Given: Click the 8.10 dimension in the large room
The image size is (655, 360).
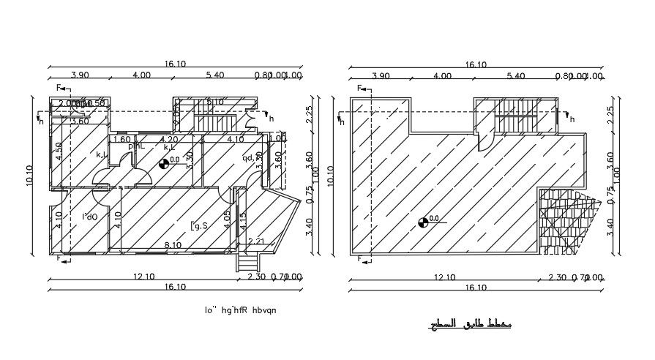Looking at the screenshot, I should [x=173, y=245].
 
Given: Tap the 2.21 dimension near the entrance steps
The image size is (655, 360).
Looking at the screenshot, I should [x=255, y=242].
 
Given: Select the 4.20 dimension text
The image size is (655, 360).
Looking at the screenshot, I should [x=169, y=140].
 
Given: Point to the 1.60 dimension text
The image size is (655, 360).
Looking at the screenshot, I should [x=122, y=140].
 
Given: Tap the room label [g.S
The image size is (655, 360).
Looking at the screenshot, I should [x=200, y=226].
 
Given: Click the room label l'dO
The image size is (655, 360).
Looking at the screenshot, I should [x=90, y=217].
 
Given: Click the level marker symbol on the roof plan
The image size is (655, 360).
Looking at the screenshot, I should [x=422, y=222].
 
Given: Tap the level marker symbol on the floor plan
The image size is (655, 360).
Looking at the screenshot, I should [x=163, y=164].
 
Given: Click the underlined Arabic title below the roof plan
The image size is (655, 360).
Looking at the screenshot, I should [x=469, y=323].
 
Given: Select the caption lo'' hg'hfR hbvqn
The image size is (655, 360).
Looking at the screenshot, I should [x=241, y=310].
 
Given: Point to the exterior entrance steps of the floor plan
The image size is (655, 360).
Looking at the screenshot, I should [x=248, y=263].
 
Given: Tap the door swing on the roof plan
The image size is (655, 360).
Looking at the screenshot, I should [x=484, y=135].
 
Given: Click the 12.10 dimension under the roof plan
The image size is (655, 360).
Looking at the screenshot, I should [x=444, y=277].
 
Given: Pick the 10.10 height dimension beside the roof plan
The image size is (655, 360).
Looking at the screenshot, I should [x=330, y=174].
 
